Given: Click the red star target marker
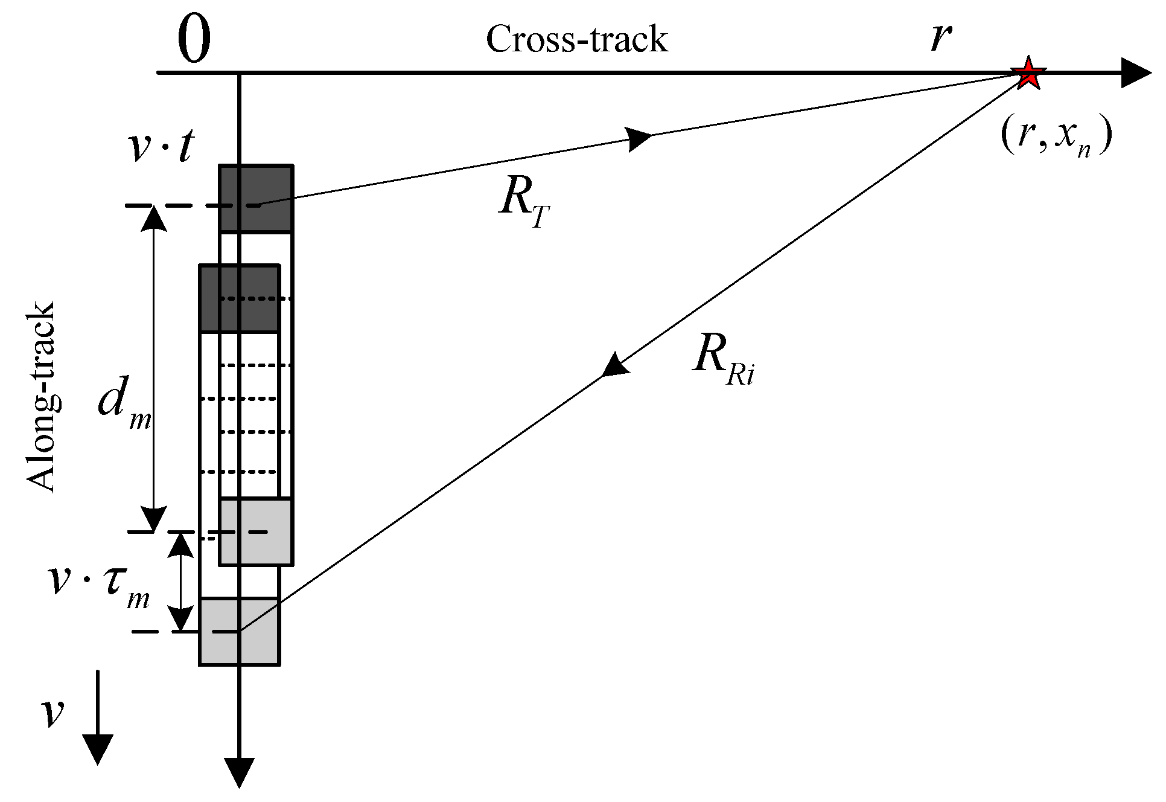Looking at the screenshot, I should coord(1028,74).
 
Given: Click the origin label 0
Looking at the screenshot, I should coord(194,40).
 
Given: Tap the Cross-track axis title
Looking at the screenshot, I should coord(576,40).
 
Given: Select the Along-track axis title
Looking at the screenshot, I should coord(41,397).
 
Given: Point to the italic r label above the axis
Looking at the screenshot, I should coord(940,36).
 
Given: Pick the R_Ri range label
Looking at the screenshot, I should coord(722,359).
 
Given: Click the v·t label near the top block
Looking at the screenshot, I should coord(161,146).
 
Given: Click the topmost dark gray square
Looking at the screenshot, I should coord(256,198).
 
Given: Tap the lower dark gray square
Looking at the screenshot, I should coord(239,298).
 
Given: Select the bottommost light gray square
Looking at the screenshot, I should coord(239,632).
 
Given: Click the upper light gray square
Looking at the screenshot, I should coord(256,531).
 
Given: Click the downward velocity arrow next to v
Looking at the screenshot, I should coord(97,719).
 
